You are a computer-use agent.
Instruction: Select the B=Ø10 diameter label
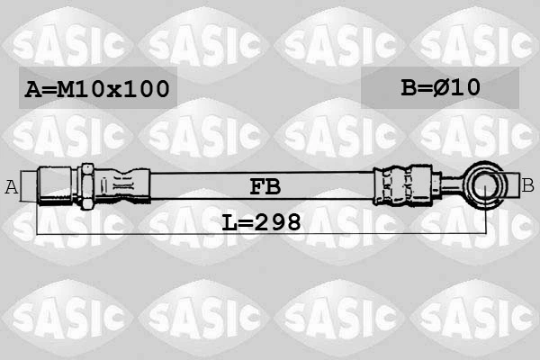coord(440,87)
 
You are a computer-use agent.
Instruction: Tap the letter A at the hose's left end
coord(12,186)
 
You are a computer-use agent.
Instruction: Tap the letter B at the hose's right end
coord(528,185)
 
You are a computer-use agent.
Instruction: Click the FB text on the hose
coord(265,186)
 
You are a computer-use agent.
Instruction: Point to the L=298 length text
coord(261,220)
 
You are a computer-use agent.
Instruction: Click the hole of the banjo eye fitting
coord(487,187)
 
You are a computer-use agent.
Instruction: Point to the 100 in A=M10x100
coord(148,89)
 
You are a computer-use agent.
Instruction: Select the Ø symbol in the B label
coord(442,87)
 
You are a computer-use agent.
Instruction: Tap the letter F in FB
coord(256,186)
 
